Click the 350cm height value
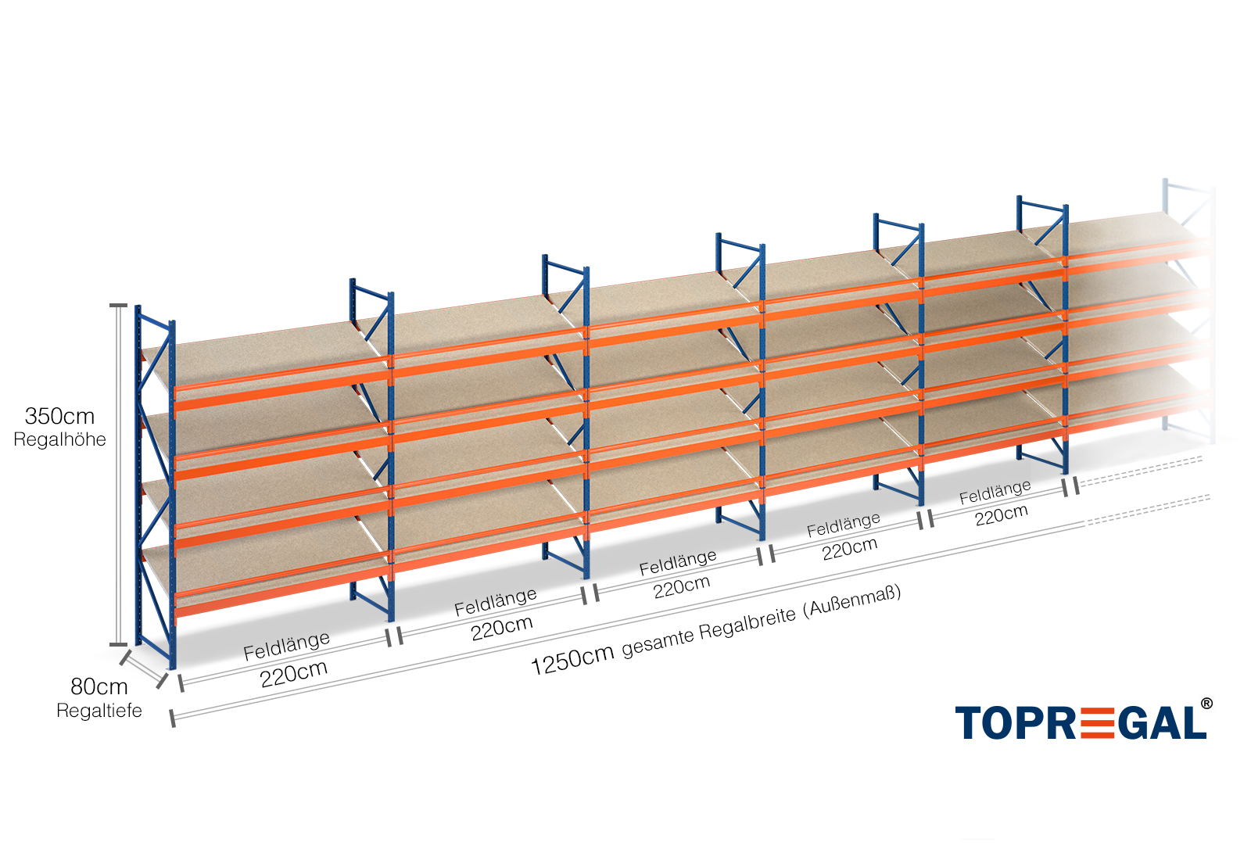(59, 416)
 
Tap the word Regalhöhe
(59, 439)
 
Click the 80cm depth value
(99, 686)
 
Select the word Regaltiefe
(99, 711)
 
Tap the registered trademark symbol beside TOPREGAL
(1206, 704)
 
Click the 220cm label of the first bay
(294, 673)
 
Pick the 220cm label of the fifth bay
(1002, 514)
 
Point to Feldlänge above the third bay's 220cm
(678, 562)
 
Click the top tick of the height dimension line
(118, 305)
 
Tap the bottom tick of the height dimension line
(118, 645)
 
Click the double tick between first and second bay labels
(396, 637)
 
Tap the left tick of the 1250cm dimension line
(173, 718)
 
